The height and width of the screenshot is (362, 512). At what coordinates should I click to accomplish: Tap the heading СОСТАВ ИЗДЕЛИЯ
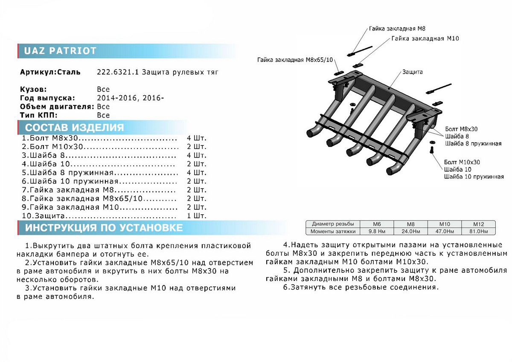74,128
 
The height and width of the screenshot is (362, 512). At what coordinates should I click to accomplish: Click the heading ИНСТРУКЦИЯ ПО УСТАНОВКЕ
104,228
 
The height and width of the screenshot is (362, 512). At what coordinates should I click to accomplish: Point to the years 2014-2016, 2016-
131,98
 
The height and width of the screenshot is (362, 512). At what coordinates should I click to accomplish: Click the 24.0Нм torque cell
410,231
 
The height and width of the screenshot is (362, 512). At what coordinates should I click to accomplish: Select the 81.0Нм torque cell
477,231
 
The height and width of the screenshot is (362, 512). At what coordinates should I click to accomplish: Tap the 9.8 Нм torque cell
377,231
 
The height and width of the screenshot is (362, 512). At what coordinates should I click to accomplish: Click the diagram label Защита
412,72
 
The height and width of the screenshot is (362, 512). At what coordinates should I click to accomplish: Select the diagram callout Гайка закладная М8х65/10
294,60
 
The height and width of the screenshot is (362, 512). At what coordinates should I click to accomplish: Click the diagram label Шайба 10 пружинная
474,176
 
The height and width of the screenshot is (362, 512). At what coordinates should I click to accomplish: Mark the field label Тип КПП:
38,115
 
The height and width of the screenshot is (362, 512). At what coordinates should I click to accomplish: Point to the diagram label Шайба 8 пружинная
473,143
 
